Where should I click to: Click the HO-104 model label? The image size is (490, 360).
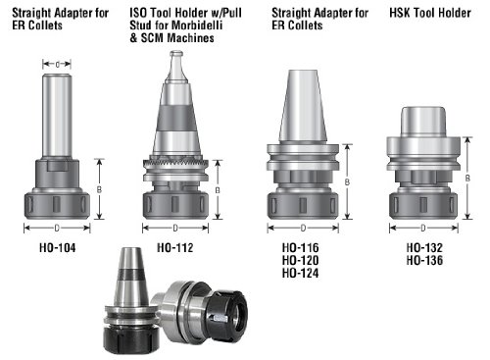pyautogui.click(x=58, y=247)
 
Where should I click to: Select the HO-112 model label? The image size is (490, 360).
pyautogui.click(x=175, y=247)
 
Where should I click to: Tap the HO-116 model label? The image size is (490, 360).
pyautogui.click(x=301, y=247)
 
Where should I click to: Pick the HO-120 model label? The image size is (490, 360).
pyautogui.click(x=301, y=260)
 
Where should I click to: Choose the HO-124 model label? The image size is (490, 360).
pyautogui.click(x=301, y=273)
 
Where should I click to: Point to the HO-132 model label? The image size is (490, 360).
pyautogui.click(x=424, y=247)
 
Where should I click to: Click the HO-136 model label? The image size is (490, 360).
pyautogui.click(x=424, y=260)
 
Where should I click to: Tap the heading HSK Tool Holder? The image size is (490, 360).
pyautogui.click(x=430, y=13)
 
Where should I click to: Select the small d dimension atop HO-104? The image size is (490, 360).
pyautogui.click(x=57, y=65)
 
